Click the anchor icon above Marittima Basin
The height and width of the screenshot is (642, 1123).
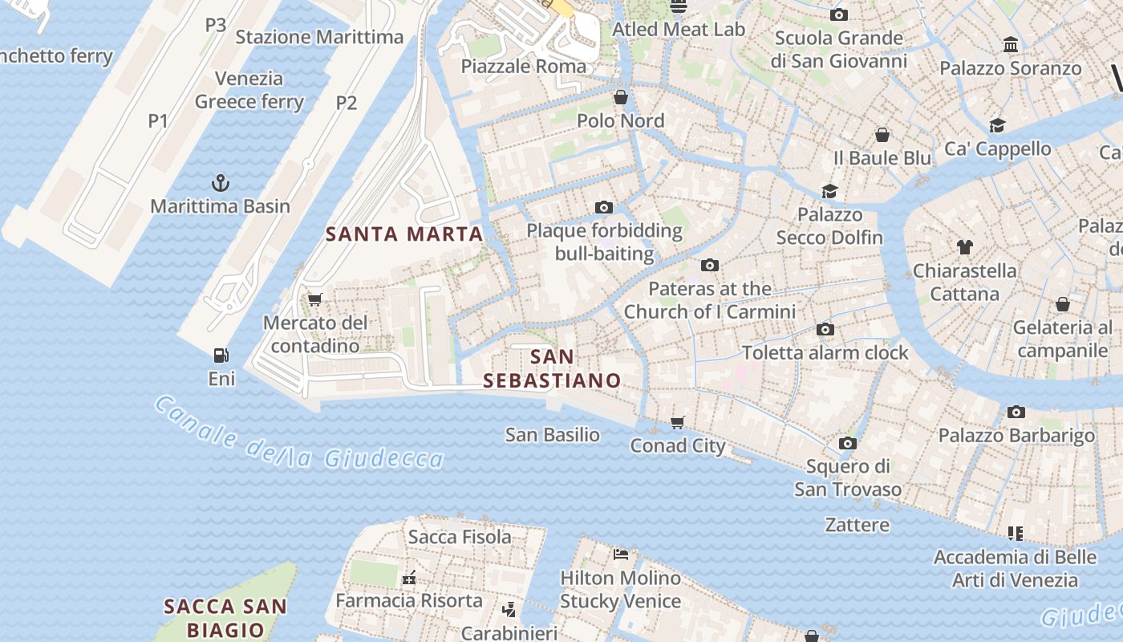click(x=220, y=183)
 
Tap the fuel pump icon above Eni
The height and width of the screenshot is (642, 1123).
click(x=221, y=355)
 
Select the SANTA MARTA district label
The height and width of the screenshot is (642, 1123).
click(x=404, y=234)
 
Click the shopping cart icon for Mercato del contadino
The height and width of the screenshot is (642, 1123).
click(x=314, y=299)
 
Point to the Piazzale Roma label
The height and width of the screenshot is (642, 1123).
click(x=523, y=66)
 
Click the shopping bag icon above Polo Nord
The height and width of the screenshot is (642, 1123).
click(x=621, y=98)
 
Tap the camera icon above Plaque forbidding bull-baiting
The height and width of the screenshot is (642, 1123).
click(x=604, y=208)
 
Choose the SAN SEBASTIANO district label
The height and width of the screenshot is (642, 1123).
click(x=553, y=368)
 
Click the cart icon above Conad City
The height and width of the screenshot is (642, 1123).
click(x=678, y=422)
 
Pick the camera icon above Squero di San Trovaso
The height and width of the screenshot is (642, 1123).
click(x=848, y=443)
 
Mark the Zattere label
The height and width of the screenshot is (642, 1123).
click(x=857, y=525)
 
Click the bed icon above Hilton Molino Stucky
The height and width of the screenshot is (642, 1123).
click(x=620, y=554)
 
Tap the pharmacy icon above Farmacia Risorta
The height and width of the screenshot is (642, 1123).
click(x=409, y=577)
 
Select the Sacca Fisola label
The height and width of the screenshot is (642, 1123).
click(x=460, y=537)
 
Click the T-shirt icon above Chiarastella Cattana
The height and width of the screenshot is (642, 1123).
click(x=964, y=247)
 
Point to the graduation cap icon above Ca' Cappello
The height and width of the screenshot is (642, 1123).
click(x=997, y=125)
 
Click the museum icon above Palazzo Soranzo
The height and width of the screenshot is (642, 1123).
click(x=1011, y=45)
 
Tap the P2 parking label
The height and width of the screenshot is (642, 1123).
click(x=346, y=103)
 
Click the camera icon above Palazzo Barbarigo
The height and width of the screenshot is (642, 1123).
click(x=1016, y=412)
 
